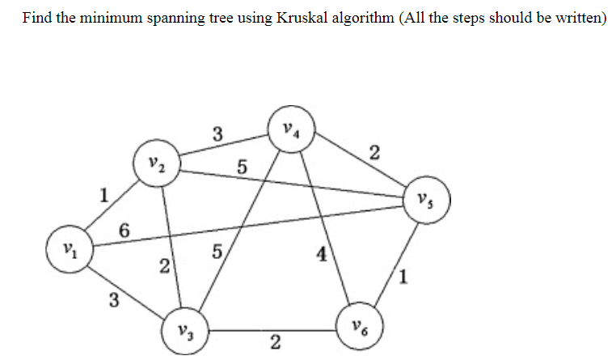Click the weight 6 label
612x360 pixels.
tap(124, 230)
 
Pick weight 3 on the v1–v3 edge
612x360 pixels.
tap(114, 301)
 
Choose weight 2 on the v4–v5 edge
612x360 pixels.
tap(373, 151)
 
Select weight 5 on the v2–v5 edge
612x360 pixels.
tap(241, 168)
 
